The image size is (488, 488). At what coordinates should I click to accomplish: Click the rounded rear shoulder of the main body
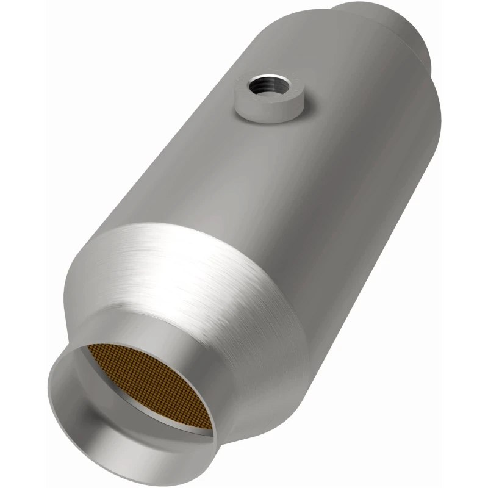click(427, 98)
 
